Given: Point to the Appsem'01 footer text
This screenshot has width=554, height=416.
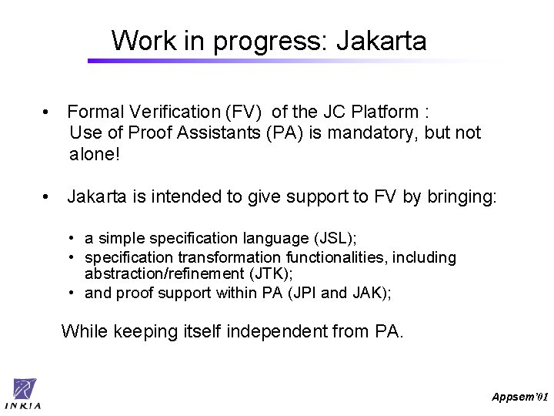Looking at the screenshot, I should (x=520, y=396).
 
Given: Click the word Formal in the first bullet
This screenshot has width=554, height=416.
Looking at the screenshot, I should (x=95, y=112).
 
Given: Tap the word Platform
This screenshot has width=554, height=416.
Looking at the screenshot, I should (x=389, y=112).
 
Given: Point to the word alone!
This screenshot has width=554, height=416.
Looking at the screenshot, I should (x=95, y=153).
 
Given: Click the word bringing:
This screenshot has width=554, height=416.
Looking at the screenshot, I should (x=465, y=197).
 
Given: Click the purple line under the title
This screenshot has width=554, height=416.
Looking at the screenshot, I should (x=292, y=61).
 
